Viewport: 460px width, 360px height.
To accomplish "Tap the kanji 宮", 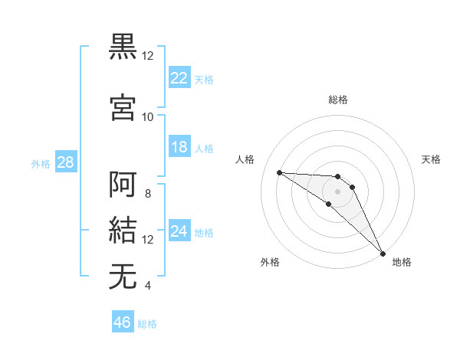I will click(x=123, y=107).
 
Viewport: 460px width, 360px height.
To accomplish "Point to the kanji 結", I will click(x=123, y=230).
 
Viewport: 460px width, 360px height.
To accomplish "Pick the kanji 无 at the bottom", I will click(x=123, y=276).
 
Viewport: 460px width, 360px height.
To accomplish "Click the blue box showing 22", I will click(x=179, y=77).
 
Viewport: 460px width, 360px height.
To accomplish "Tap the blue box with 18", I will click(x=179, y=147).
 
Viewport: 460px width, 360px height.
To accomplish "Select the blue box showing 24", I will click(x=179, y=231).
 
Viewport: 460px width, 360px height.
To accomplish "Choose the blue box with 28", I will click(x=65, y=162).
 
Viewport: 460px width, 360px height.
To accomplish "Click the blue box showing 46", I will click(x=123, y=322).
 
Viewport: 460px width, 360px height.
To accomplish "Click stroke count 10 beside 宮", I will click(x=148, y=116).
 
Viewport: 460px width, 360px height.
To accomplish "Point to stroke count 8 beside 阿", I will click(x=148, y=194).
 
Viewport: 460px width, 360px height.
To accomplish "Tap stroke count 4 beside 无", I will click(x=148, y=286).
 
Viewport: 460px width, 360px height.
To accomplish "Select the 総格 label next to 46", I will click(x=148, y=324).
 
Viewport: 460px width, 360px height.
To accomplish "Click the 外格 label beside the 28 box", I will click(x=41, y=163).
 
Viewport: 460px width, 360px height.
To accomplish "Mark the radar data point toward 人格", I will click(x=279, y=172).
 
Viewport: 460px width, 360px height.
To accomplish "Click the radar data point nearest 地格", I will click(x=383, y=254).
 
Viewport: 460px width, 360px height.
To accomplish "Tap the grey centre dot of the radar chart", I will click(x=337, y=191).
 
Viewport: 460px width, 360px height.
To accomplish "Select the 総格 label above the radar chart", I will click(x=338, y=100).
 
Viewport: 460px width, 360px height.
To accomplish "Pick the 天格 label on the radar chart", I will click(x=432, y=159).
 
